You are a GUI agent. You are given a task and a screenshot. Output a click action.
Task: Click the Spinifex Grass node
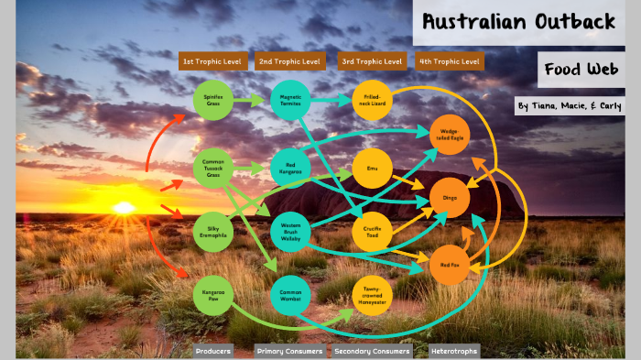coord(213,99)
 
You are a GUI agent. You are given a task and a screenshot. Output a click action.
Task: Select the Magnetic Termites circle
coord(291,99)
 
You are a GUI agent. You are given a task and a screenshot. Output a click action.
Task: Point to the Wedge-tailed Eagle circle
coord(450,135)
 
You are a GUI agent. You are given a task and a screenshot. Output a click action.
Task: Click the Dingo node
coord(450,197)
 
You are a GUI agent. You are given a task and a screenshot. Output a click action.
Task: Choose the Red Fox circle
coord(449,265)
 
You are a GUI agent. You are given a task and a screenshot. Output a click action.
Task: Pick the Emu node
coord(372,168)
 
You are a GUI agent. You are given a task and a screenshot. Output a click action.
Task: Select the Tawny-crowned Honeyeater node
coord(372,294)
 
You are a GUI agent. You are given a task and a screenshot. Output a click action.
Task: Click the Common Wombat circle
coord(291,294)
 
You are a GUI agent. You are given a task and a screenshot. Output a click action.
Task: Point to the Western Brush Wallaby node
coord(291,230)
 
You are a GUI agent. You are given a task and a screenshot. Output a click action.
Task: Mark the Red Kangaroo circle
coord(291,168)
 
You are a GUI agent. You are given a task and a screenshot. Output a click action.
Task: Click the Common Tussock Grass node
coord(213,168)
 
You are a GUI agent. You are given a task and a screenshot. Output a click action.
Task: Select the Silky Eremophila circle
coord(213,230)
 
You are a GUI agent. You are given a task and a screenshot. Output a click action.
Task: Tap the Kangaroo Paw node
coord(213,294)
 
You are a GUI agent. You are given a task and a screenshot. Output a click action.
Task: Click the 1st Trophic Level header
coord(213,61)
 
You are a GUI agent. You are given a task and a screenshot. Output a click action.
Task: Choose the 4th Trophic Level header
coord(449,61)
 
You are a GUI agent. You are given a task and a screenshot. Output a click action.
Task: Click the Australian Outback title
coord(518,23)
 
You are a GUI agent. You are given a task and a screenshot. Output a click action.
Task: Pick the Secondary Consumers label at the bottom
coord(372,351)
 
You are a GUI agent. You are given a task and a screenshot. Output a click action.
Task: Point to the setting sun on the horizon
coord(124,208)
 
